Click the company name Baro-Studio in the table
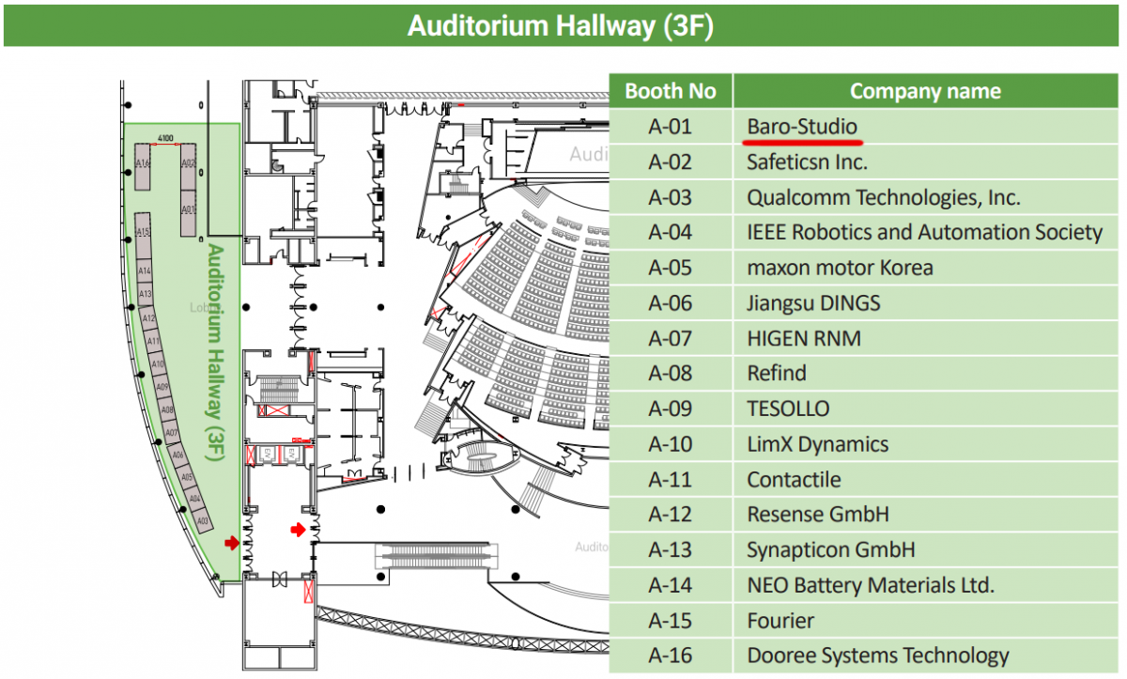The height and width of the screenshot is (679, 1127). pyautogui.click(x=801, y=127)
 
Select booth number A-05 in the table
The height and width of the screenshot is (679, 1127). pyautogui.click(x=670, y=268)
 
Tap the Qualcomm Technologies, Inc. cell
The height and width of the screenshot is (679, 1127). pyautogui.click(x=883, y=197)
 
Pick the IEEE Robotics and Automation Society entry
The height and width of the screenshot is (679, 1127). pyautogui.click(x=924, y=233)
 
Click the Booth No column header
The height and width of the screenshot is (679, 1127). pyautogui.click(x=670, y=91)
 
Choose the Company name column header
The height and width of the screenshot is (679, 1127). pyautogui.click(x=924, y=91)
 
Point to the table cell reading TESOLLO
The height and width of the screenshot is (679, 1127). pyautogui.click(x=788, y=409)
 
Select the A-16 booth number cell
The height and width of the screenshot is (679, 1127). pyautogui.click(x=670, y=656)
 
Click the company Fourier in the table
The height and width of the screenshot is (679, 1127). pyautogui.click(x=780, y=621)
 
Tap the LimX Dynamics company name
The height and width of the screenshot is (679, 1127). pyautogui.click(x=817, y=444)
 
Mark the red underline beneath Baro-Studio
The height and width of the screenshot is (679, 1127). pyautogui.click(x=803, y=142)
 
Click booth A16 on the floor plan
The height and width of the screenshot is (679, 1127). pyautogui.click(x=144, y=164)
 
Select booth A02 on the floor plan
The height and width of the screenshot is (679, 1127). pyautogui.click(x=188, y=164)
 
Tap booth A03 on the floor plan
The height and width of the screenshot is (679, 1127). pyautogui.click(x=204, y=519)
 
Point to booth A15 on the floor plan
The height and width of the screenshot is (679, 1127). pyautogui.click(x=143, y=231)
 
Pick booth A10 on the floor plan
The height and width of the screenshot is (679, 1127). pyautogui.click(x=158, y=363)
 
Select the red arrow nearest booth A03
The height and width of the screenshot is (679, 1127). pyautogui.click(x=232, y=543)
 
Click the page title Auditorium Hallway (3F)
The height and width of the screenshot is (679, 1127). pyautogui.click(x=561, y=26)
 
